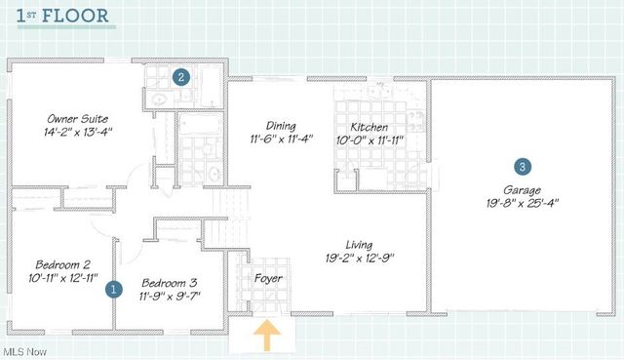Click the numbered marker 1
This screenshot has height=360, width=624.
tap(113, 289)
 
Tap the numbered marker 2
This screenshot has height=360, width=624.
tap(181, 77)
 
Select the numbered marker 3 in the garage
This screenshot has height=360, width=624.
tap(523, 167)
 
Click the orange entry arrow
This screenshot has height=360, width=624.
tap(267, 335)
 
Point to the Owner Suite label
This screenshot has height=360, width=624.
tap(78, 119)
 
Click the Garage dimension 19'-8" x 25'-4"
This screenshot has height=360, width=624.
tap(523, 203)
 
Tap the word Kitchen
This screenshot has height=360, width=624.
tap(370, 127)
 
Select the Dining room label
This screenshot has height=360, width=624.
tap(281, 126)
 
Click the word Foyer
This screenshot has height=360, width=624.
tap(268, 278)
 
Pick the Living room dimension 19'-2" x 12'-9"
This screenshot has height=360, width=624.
tap(360, 259)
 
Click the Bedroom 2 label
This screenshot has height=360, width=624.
tap(62, 264)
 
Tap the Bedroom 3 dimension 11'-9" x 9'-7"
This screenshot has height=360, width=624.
tap(170, 297)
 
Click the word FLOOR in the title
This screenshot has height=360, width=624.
tap(75, 16)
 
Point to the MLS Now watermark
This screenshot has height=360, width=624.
tap(24, 352)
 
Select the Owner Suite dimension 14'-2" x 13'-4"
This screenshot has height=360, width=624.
tap(78, 132)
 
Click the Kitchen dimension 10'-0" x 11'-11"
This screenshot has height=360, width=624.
tap(370, 140)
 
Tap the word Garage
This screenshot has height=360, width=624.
tap(523, 190)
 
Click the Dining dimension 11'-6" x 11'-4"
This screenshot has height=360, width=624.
tap(282, 139)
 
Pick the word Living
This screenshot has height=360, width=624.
tap(359, 245)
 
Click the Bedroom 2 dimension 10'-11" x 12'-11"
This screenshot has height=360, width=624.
tap(63, 278)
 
